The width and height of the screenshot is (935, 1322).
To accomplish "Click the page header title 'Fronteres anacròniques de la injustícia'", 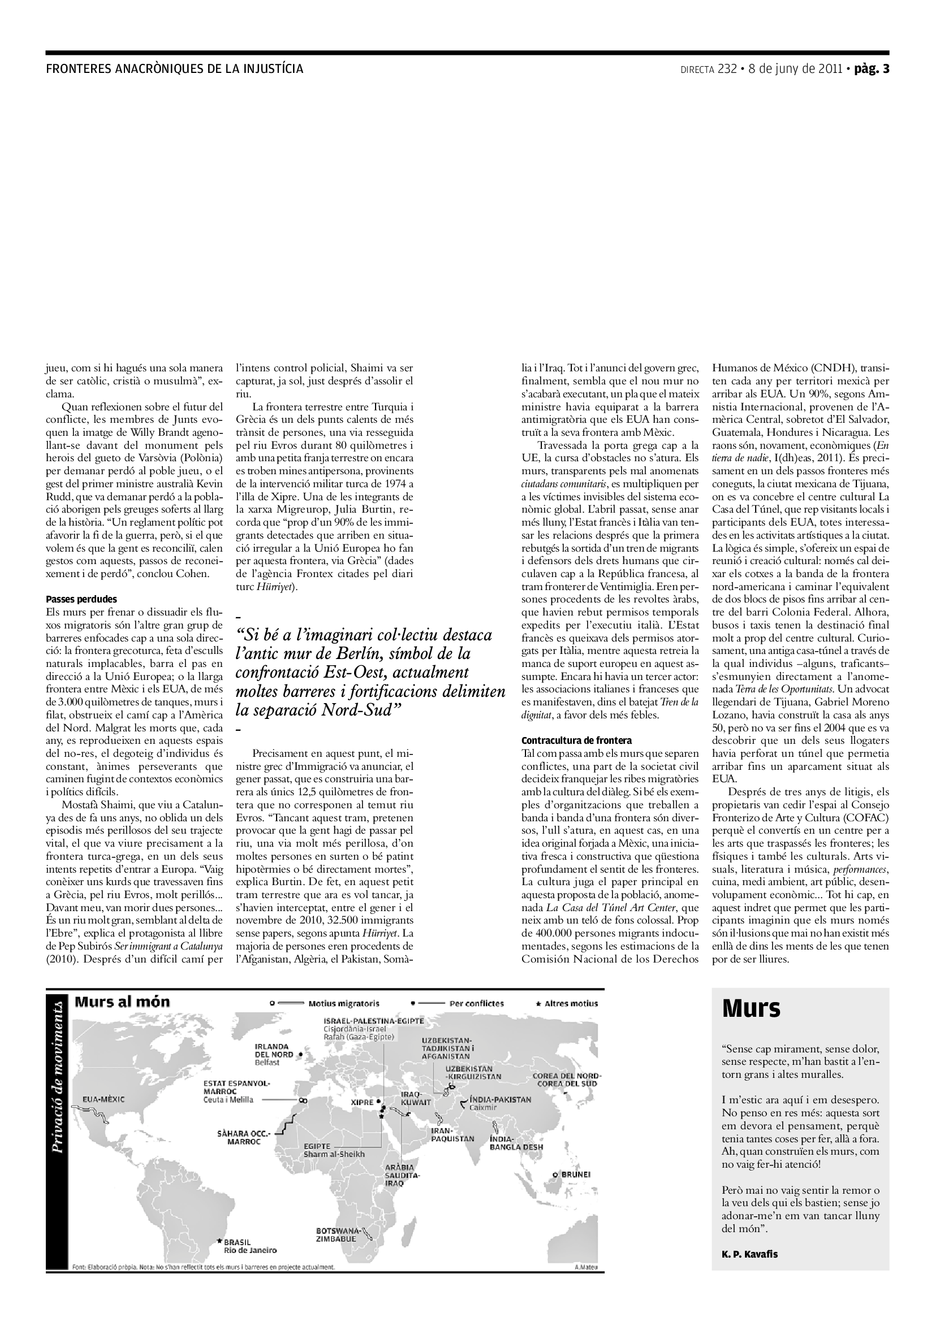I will tap(174, 69).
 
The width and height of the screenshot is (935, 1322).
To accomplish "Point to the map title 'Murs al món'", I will tap(122, 1002).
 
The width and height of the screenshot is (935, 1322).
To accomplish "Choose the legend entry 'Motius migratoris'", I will tap(343, 1004).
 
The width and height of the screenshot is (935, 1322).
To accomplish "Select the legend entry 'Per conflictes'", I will tap(476, 1004).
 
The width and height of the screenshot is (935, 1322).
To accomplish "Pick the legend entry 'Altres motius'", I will tap(571, 1004).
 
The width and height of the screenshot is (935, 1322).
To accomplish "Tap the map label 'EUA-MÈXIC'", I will tap(104, 1099).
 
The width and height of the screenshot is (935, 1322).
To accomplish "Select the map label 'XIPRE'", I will tap(363, 1103).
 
